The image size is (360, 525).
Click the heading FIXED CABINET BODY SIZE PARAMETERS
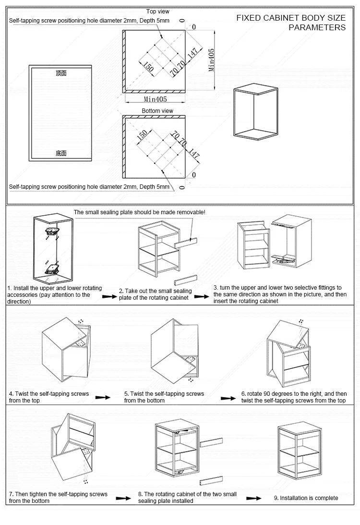291,23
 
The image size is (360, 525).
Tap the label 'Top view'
157,11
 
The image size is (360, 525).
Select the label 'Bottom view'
157,111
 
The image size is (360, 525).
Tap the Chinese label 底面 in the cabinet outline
61,153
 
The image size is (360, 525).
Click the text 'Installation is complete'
309,498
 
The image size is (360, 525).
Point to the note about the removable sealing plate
139,212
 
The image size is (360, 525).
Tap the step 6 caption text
294,397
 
